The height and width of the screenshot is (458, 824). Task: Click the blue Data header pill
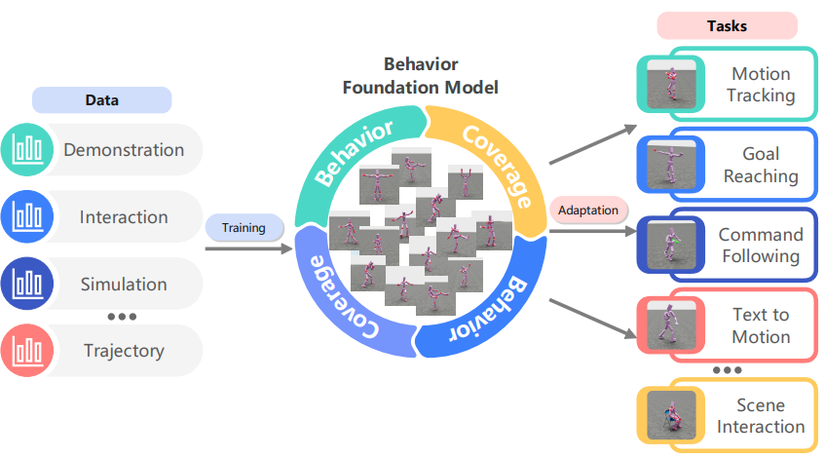click(x=102, y=100)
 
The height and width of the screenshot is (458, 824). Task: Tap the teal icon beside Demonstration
click(x=27, y=149)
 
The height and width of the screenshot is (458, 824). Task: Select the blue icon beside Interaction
click(x=27, y=216)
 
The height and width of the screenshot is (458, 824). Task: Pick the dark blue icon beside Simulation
click(x=27, y=284)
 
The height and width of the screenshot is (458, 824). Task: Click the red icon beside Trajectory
click(x=27, y=350)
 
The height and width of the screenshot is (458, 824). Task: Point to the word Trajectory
click(x=124, y=351)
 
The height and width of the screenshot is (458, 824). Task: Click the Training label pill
click(x=243, y=228)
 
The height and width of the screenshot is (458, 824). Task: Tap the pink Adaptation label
click(x=588, y=210)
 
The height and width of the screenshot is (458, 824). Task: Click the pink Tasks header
click(x=728, y=25)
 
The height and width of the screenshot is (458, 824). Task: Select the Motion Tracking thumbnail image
click(x=671, y=84)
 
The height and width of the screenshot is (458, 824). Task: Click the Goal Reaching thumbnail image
click(x=671, y=165)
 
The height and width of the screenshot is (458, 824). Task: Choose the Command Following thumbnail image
click(x=671, y=245)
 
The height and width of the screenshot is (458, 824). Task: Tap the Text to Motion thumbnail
click(x=671, y=324)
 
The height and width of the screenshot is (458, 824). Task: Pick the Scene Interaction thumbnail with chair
click(x=671, y=415)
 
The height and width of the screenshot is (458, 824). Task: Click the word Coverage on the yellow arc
click(x=497, y=167)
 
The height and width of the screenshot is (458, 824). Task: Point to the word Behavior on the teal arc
click(x=354, y=152)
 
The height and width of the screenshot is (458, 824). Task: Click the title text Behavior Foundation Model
click(x=421, y=76)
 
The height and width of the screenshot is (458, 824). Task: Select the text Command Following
click(x=761, y=245)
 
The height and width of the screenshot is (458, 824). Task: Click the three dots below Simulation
click(x=122, y=317)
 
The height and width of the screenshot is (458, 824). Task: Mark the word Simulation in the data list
click(x=124, y=284)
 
